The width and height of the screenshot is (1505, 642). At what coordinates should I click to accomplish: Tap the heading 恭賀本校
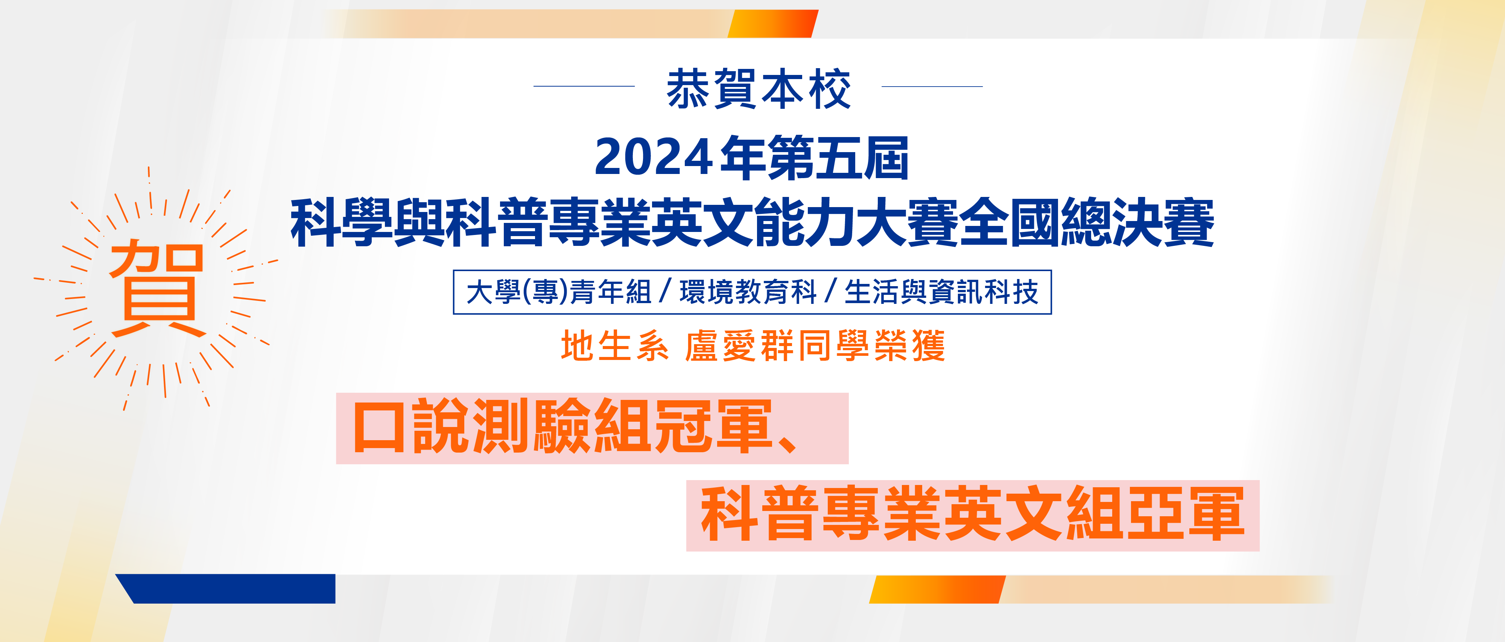point(759,89)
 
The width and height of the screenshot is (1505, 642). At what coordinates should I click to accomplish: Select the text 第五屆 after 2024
point(838,157)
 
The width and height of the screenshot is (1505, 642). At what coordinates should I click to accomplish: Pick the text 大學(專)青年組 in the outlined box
point(558,292)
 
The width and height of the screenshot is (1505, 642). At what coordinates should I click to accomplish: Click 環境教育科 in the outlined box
point(748,292)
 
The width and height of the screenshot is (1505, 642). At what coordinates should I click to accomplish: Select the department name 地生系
point(615,346)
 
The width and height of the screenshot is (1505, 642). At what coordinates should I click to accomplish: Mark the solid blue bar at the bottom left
point(225,589)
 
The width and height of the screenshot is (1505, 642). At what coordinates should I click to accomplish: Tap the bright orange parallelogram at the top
point(773,23)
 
